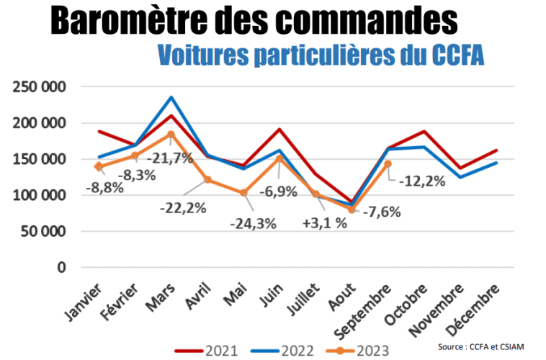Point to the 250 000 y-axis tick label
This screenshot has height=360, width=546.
tap(40, 87)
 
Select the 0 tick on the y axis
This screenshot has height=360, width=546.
tap(63, 267)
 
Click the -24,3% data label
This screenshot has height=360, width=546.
tap(253, 223)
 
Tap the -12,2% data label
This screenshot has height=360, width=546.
tap(422, 180)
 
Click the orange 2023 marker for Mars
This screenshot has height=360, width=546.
tap(171, 134)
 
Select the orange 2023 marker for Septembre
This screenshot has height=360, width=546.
tap(388, 163)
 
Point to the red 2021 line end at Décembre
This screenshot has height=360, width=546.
tap(496, 150)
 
